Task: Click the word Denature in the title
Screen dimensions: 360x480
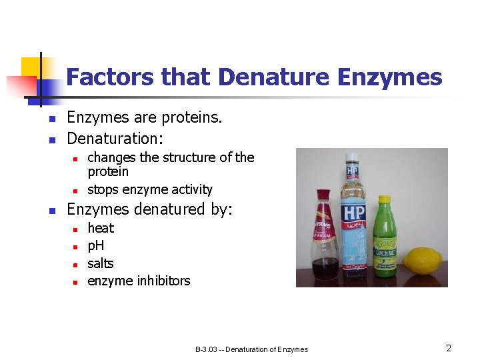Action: point(274,77)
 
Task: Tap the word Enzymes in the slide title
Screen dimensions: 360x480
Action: point(390,77)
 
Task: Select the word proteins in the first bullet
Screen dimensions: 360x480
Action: point(189,118)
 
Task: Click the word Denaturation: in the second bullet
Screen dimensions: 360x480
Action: point(115,139)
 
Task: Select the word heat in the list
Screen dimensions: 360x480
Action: point(101,228)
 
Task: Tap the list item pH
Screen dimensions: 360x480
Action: point(96,245)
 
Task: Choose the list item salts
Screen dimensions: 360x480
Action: point(101,263)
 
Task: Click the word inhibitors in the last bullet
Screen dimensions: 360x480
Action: point(163,281)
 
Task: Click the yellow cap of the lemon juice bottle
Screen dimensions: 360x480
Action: point(385,200)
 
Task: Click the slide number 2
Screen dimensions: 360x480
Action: point(449,348)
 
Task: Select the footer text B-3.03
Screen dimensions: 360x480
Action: point(208,349)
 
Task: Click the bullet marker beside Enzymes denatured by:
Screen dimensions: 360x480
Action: point(51,211)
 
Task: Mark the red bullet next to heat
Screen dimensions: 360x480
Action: point(76,229)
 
